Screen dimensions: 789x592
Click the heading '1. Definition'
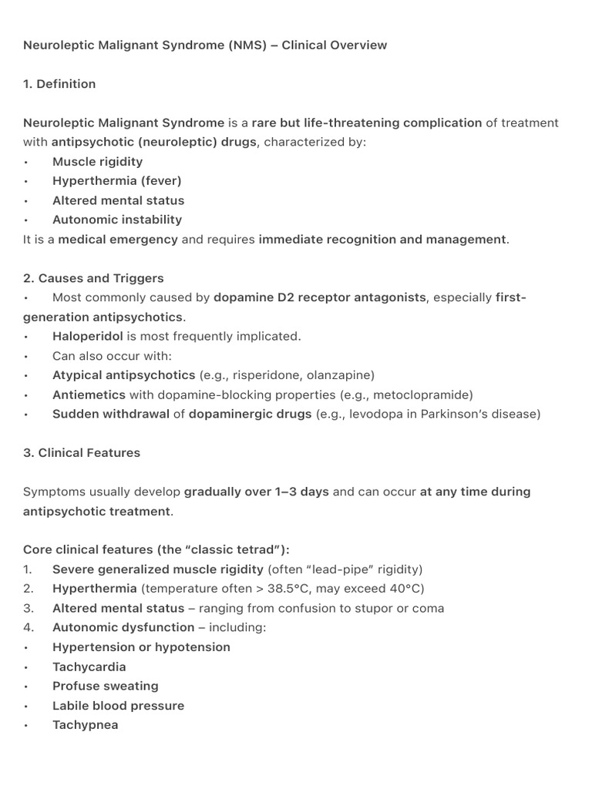(x=59, y=84)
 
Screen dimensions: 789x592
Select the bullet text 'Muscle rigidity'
(x=97, y=161)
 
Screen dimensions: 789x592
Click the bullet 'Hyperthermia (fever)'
(x=116, y=180)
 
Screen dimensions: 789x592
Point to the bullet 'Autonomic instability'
(x=116, y=220)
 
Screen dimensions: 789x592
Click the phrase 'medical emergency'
(x=118, y=239)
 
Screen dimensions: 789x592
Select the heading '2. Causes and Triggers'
(x=93, y=278)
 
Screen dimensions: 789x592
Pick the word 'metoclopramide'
(x=422, y=394)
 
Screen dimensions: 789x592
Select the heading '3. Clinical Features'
(x=82, y=453)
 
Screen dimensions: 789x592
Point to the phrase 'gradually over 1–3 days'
(x=257, y=492)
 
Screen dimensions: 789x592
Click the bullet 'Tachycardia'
(x=89, y=666)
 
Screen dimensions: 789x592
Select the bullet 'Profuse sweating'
(x=105, y=686)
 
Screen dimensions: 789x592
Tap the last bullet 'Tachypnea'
(x=85, y=725)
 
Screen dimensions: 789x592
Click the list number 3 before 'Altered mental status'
(x=28, y=608)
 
